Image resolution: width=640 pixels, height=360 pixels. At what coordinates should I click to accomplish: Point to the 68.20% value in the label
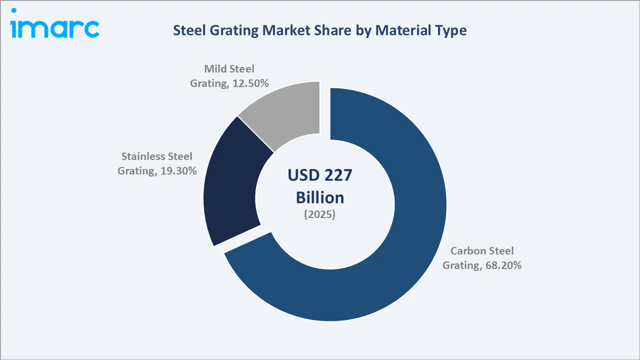click(503, 265)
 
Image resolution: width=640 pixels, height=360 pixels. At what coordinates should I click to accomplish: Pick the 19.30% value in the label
click(178, 170)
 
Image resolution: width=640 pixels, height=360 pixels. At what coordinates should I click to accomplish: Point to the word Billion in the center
click(320, 197)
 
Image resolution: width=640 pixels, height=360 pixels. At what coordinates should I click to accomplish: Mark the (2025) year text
click(320, 215)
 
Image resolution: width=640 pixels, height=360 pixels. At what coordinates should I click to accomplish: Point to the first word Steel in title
click(189, 30)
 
